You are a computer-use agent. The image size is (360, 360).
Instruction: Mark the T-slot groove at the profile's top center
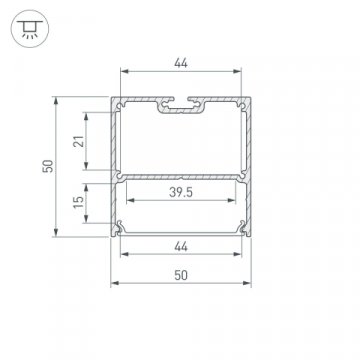181,104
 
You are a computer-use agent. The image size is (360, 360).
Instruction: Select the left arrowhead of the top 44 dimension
123,74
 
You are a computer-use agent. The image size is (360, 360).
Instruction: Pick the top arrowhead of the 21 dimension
92,111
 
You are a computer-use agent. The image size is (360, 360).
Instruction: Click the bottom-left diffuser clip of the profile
121,227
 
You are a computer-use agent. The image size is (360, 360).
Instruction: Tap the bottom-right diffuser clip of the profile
241,227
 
